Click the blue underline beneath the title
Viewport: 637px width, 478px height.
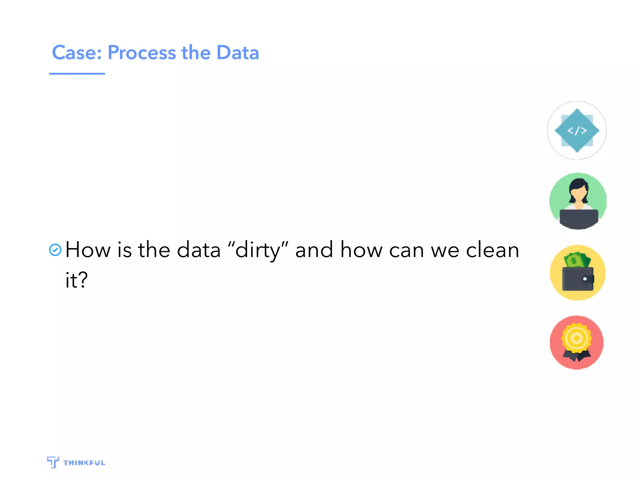coord(77,74)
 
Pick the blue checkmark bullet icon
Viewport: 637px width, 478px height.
coord(55,250)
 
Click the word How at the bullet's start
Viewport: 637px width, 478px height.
coord(88,250)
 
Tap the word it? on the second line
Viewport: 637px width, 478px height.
coord(77,279)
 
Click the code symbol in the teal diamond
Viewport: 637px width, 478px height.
coord(577,131)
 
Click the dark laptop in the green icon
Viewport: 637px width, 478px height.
coord(579,218)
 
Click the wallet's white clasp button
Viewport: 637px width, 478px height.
coord(585,279)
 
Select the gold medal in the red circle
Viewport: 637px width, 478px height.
coord(576,338)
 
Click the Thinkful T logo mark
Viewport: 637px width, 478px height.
coord(53,462)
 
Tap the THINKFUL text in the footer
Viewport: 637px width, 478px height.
coord(84,463)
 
